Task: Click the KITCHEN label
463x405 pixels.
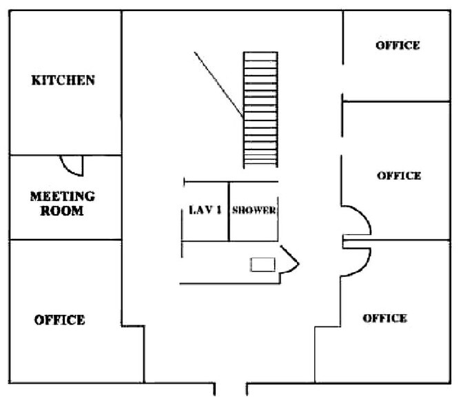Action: coord(63,81)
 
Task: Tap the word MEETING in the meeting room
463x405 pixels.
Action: coord(63,196)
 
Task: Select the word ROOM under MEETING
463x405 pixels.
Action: coord(62,211)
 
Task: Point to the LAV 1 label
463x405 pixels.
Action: coord(205,210)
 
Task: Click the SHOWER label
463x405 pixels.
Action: coord(254,210)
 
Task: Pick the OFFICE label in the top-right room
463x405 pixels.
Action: coord(398,45)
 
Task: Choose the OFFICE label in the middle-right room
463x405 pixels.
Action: coord(399,176)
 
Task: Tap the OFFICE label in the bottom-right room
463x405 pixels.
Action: coord(384,318)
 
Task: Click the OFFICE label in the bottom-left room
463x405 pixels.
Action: coord(60,320)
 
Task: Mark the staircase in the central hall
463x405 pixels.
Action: coord(260,110)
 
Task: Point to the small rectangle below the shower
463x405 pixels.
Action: coord(263,264)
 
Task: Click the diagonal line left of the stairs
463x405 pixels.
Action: coord(218,85)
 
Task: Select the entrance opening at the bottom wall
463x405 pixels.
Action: coord(231,386)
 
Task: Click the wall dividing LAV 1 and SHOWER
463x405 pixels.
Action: coord(229,211)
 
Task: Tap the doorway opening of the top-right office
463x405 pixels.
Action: coord(342,79)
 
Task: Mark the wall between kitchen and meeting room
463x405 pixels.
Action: coord(65,155)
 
